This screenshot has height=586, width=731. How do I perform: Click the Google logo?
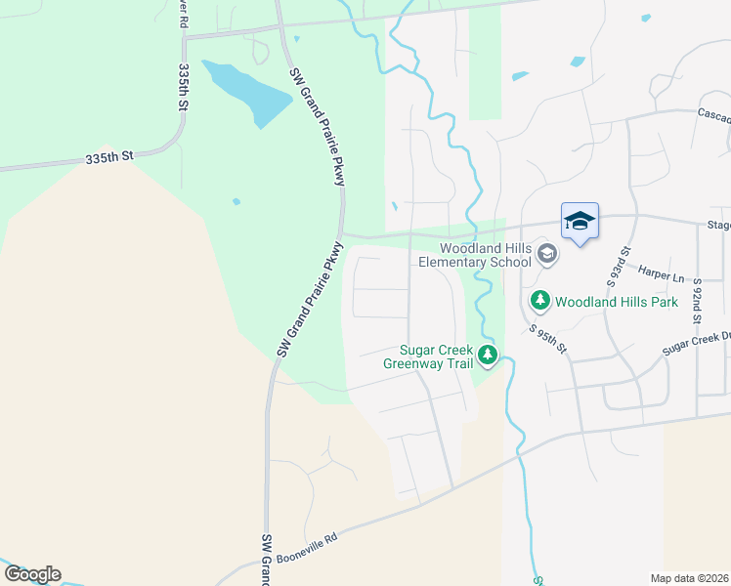coord(31,574)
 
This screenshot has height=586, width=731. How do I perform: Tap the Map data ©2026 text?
coord(690,578)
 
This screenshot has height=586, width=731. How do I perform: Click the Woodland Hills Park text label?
coord(617,302)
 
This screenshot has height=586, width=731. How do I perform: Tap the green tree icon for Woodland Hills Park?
coord(539,301)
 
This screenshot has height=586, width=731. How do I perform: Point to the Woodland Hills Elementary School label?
coord(475,255)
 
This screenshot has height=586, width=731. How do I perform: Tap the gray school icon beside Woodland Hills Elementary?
coord(547,255)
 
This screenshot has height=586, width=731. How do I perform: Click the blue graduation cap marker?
coord(580,222)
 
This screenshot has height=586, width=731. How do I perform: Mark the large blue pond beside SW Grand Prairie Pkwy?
coord(248,92)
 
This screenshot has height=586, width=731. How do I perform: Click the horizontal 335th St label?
coord(108,157)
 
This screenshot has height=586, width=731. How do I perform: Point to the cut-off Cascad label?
coord(713,115)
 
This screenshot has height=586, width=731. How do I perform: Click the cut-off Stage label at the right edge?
coord(718,225)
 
